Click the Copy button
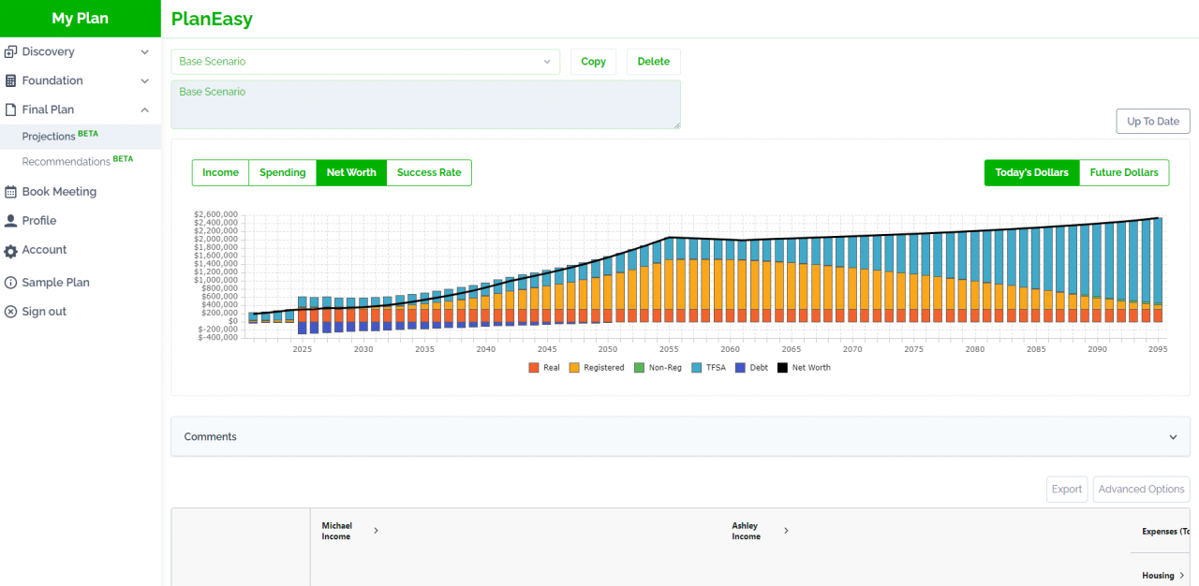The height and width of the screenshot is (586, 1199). tap(593, 62)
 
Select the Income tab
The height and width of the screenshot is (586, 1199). tap(220, 173)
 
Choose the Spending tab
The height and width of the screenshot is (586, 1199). tap(282, 173)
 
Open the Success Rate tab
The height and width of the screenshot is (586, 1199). tap(429, 173)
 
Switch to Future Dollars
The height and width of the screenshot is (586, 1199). tap(1123, 173)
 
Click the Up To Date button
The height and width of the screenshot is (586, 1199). tap(1152, 122)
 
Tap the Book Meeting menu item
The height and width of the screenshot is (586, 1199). tap(59, 192)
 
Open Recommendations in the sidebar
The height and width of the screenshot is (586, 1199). tap(67, 162)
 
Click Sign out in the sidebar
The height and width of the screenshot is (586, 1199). tap(44, 312)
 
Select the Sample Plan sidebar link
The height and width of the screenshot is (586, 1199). tap(56, 283)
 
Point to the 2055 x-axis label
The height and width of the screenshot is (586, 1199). tap(669, 349)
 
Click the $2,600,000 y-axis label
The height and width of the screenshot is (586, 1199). tap(215, 214)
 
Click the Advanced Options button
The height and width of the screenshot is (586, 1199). tap(1141, 490)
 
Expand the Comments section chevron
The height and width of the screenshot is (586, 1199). tap(1173, 437)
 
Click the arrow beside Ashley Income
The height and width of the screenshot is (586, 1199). tap(786, 531)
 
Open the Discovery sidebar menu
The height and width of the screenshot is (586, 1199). tap(48, 52)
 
